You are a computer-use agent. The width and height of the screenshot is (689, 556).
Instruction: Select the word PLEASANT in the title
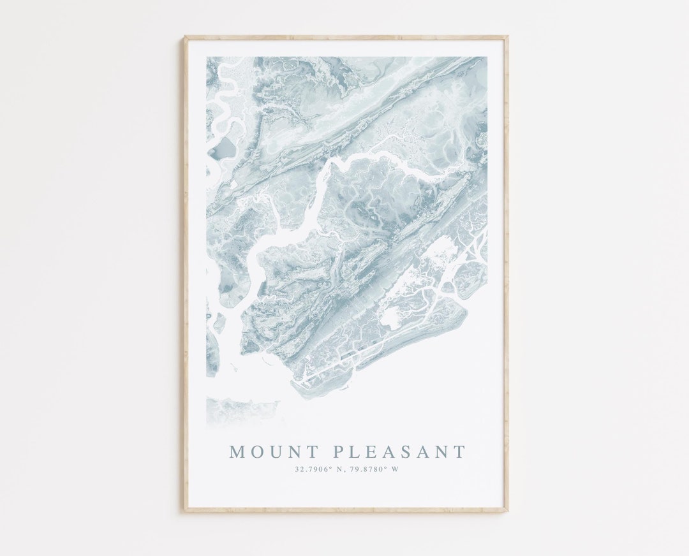(399, 453)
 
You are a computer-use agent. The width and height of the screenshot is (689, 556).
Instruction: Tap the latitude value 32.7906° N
(318, 470)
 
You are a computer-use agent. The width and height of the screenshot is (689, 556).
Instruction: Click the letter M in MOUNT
(237, 453)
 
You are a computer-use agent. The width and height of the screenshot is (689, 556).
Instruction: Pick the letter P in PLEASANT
(339, 453)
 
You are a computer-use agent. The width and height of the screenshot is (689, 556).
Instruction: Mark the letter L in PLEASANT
(355, 453)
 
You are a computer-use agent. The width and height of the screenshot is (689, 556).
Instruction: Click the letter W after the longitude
(395, 470)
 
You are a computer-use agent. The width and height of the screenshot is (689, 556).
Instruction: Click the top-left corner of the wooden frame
(185, 37)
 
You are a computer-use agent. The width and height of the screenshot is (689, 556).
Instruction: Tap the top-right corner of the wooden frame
(507, 37)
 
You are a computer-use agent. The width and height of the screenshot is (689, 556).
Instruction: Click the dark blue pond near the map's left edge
(223, 149)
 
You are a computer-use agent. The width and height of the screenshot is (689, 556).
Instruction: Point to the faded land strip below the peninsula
(242, 407)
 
